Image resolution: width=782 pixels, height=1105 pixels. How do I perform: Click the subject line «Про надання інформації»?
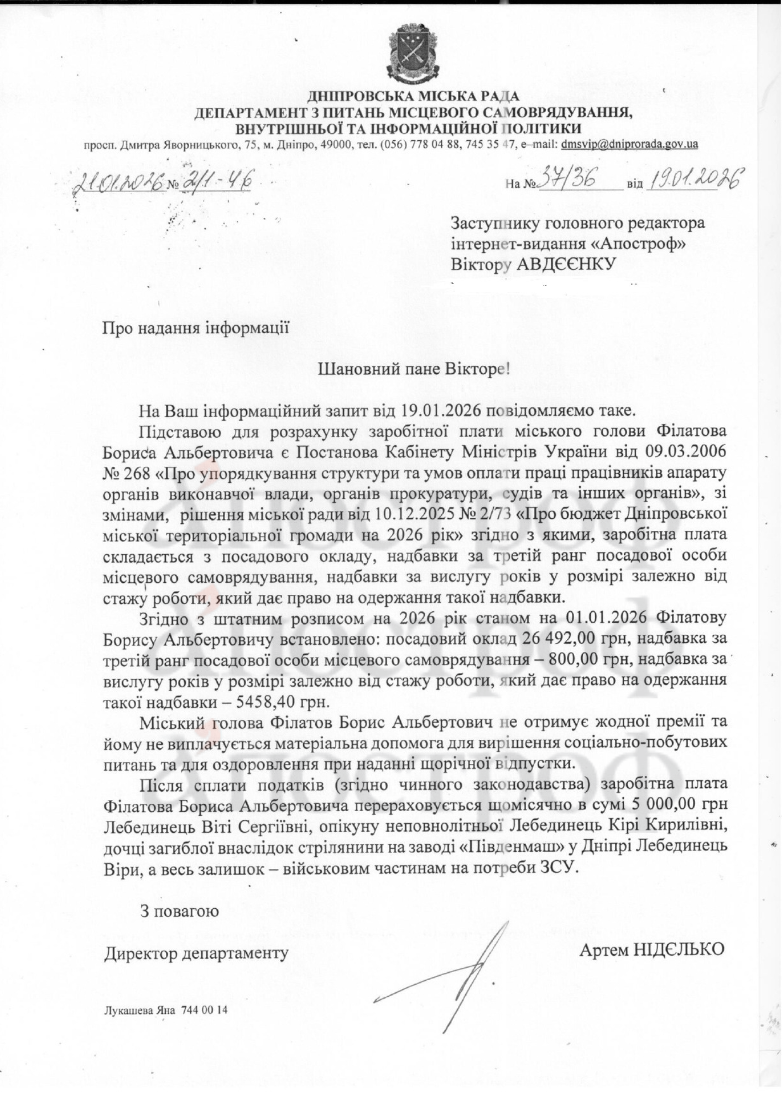196,328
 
